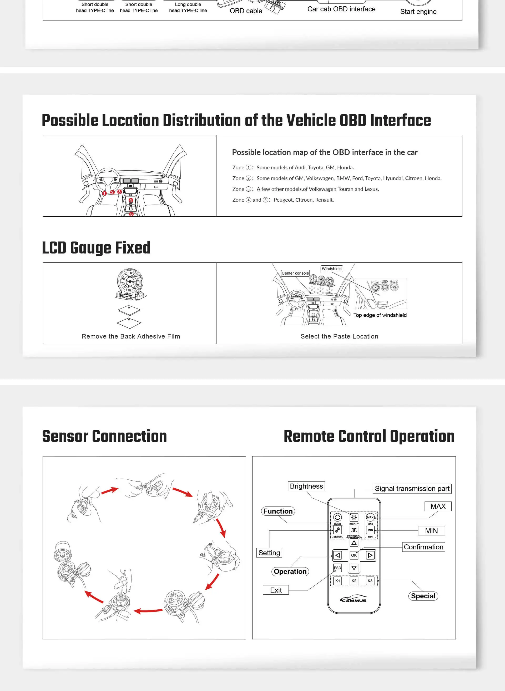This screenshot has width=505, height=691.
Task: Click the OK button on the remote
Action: (x=354, y=555)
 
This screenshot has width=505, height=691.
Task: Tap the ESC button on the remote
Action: (x=337, y=568)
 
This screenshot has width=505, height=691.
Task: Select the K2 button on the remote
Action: (x=354, y=581)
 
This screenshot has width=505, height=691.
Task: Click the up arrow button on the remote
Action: (x=354, y=543)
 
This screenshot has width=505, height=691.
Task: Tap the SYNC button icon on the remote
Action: (x=337, y=517)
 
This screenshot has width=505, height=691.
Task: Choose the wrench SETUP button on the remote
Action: (x=337, y=530)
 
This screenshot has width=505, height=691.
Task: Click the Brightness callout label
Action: (x=306, y=486)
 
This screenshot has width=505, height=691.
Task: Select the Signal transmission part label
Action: (x=412, y=489)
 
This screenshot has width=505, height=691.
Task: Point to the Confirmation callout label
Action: (x=423, y=547)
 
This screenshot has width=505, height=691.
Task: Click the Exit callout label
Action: (x=276, y=590)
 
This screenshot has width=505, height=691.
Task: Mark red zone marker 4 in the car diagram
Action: (x=131, y=200)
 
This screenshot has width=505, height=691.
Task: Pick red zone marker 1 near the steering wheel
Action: (x=104, y=193)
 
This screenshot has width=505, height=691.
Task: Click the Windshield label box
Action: (x=332, y=269)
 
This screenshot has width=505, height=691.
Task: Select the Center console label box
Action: (x=295, y=273)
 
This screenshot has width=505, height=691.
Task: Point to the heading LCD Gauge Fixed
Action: (x=96, y=248)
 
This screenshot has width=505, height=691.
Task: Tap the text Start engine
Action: (x=418, y=12)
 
